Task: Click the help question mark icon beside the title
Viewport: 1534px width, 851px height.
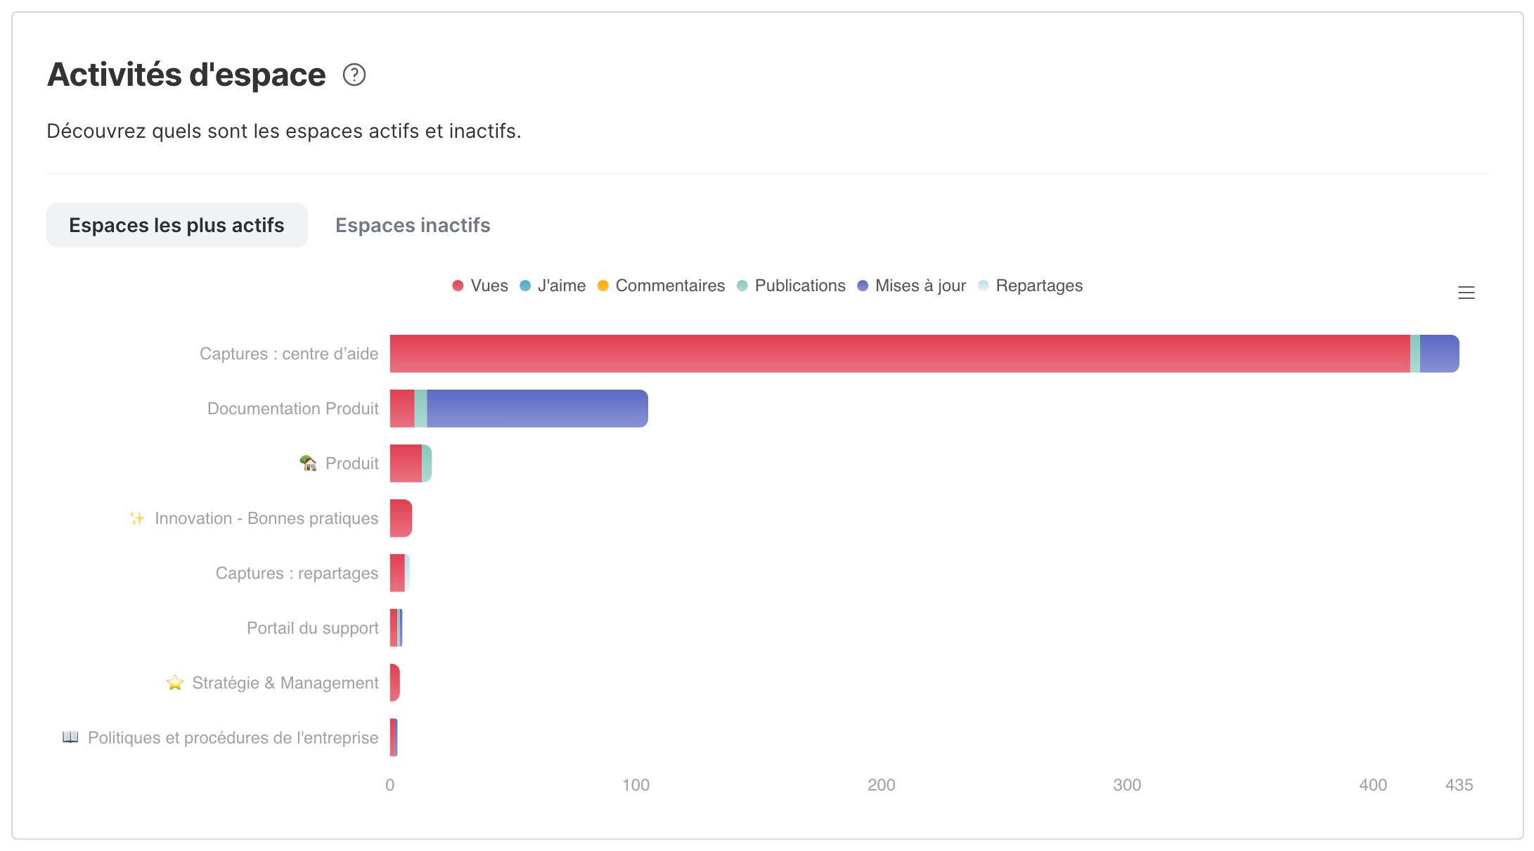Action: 354,75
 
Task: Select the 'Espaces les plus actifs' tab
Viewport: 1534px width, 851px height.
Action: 176,225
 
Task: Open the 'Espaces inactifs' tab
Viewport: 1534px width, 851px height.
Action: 413,225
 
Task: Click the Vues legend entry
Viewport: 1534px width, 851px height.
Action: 480,286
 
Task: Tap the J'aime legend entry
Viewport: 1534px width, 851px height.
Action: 553,286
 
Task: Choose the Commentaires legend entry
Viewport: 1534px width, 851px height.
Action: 661,286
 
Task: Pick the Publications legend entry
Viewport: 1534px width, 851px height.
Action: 791,286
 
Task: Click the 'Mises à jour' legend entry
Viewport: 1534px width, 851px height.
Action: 912,286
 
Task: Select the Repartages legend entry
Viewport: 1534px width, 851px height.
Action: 1030,286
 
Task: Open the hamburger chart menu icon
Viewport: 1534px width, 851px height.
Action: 1467,293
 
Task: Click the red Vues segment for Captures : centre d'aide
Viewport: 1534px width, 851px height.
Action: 900,354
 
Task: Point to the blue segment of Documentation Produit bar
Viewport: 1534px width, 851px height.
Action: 537,409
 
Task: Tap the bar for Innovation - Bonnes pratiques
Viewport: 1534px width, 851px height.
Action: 401,518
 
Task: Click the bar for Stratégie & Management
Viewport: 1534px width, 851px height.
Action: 395,683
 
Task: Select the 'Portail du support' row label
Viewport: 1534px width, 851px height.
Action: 312,628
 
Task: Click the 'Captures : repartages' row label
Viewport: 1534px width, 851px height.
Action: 297,573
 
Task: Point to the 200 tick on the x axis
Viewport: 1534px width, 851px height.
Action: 882,785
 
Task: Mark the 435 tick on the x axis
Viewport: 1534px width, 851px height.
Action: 1459,785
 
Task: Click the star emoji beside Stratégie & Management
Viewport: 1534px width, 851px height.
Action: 175,683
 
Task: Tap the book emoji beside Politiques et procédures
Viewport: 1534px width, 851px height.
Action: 70,737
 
